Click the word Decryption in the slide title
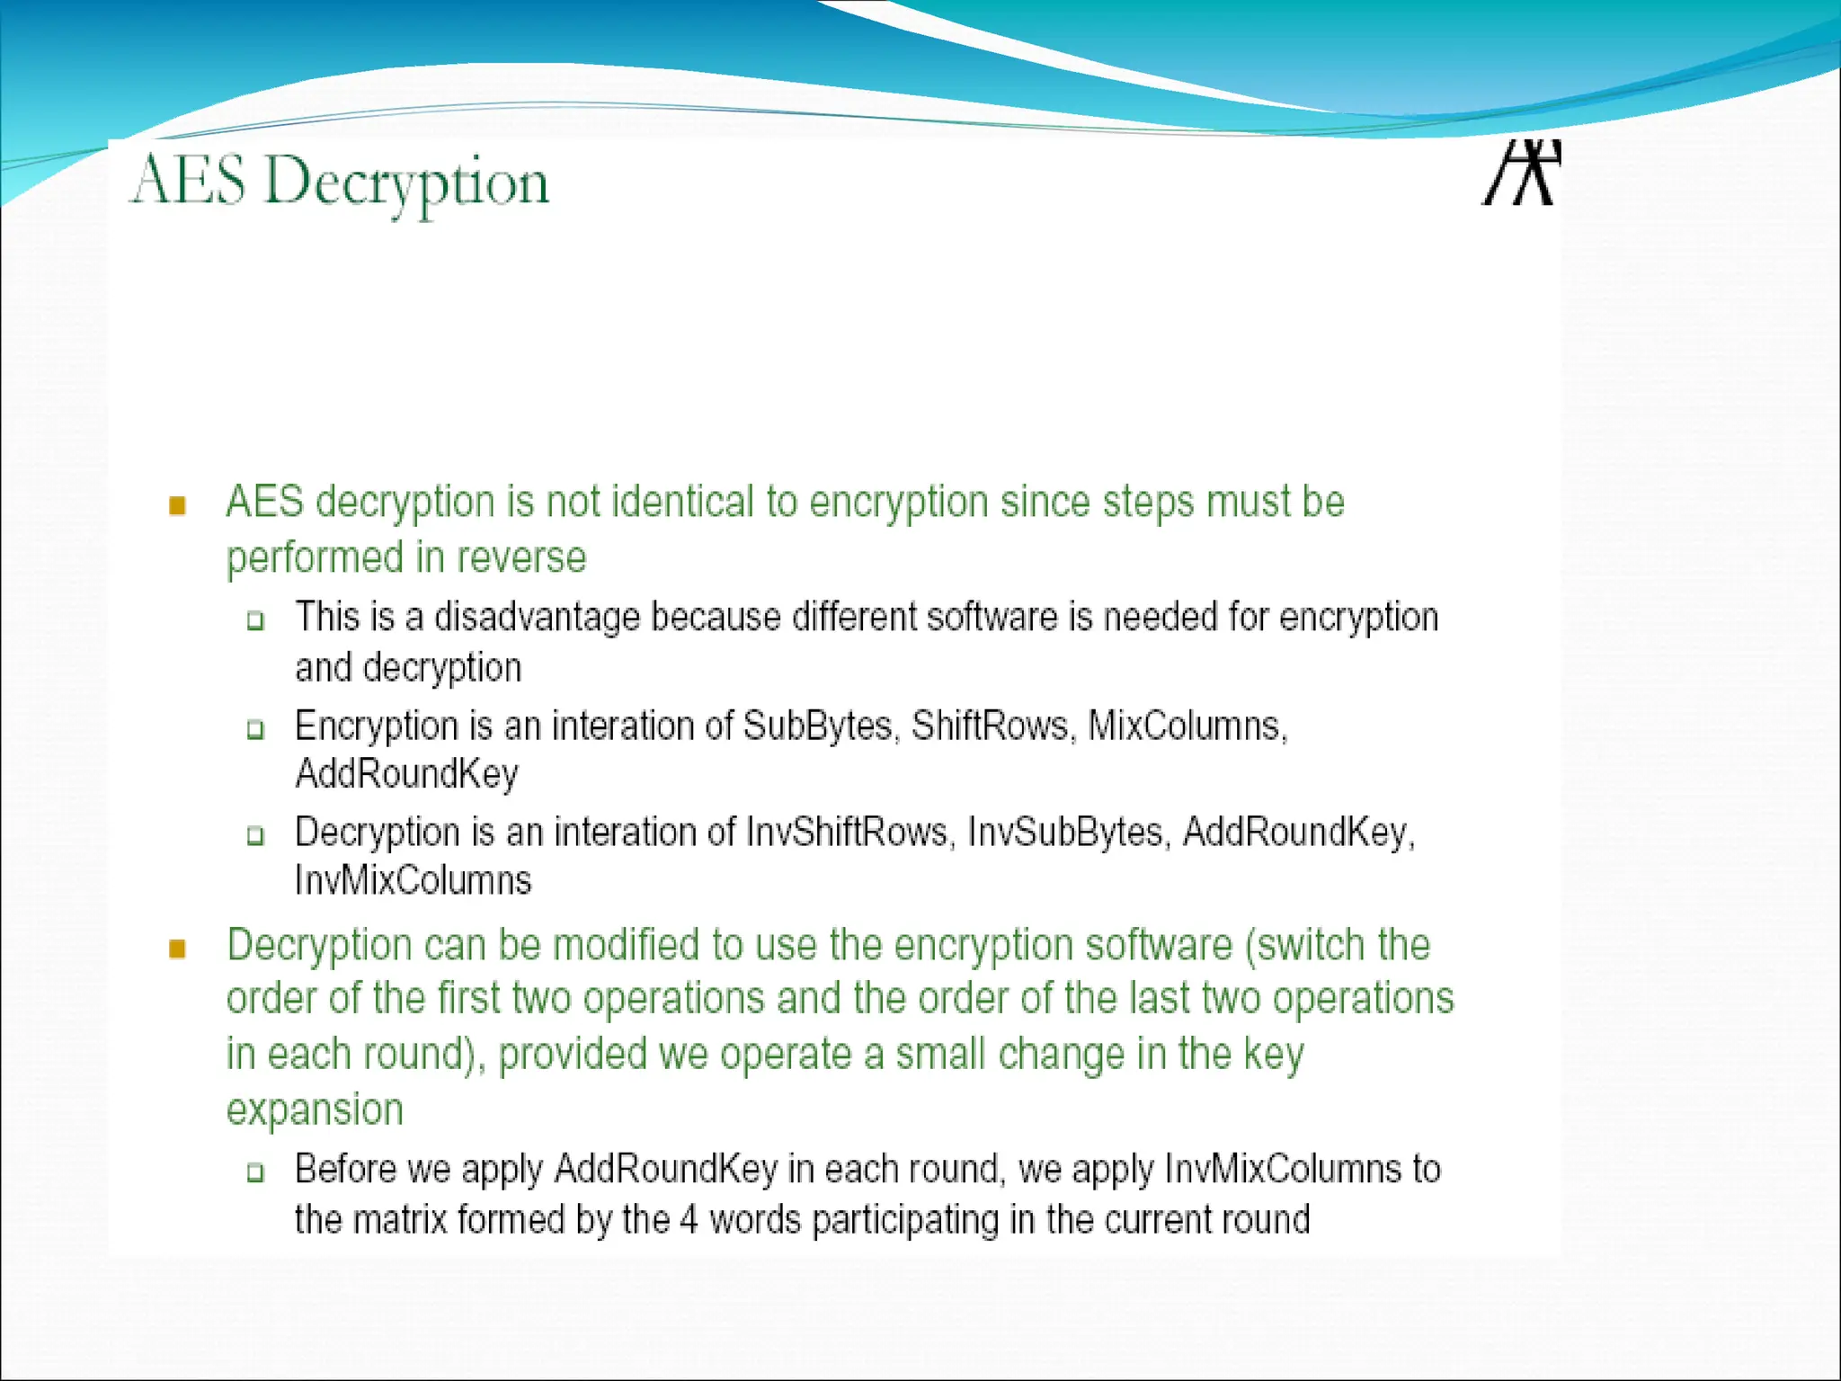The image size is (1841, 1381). coord(406,183)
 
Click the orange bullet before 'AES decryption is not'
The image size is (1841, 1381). coord(177,505)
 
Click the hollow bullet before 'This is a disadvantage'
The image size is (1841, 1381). coord(256,620)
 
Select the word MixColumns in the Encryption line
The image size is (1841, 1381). coord(1187,726)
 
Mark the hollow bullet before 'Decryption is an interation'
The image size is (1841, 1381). coord(256,836)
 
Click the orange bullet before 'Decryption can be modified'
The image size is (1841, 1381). coord(177,949)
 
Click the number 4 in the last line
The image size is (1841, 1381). coord(689,1220)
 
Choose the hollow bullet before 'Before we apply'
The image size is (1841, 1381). coord(256,1172)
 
